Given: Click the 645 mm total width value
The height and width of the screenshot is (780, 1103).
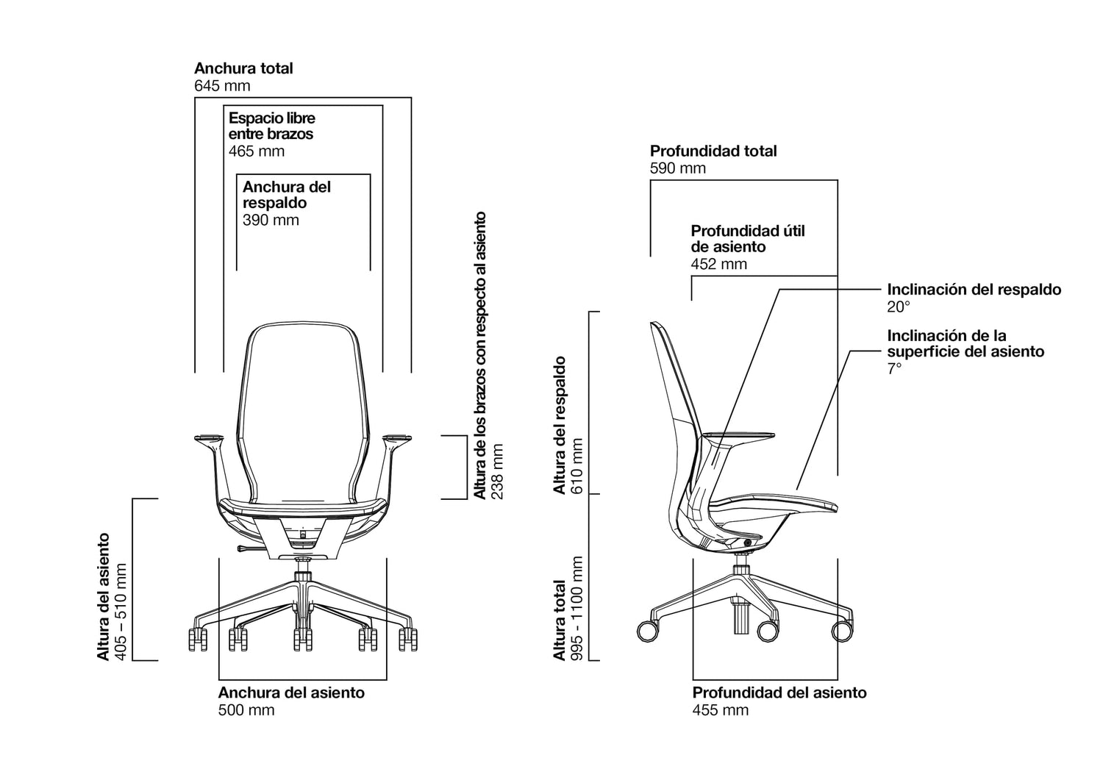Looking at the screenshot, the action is (x=222, y=86).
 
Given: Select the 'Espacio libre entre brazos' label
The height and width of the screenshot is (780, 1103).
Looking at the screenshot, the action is (x=271, y=126).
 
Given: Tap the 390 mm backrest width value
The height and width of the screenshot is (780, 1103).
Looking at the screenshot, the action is (x=271, y=220).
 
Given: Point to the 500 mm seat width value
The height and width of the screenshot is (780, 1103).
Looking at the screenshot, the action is (x=246, y=710).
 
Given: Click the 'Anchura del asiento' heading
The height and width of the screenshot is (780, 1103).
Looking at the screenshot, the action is (x=291, y=693).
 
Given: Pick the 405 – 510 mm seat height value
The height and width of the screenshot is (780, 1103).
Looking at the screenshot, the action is (x=121, y=612).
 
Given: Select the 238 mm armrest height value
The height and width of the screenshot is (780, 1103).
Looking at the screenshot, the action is (x=498, y=472).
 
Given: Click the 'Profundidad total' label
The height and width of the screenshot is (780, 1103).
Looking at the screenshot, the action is (x=713, y=151).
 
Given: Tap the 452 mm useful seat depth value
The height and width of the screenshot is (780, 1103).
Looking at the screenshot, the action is (x=719, y=264).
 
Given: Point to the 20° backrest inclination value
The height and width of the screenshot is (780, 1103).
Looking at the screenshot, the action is (x=898, y=307).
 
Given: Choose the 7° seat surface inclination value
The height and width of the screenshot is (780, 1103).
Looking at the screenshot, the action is (x=894, y=368).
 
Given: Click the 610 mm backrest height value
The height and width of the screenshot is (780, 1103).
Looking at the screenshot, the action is (x=576, y=466).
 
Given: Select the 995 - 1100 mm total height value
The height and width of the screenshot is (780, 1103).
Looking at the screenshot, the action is (x=576, y=609).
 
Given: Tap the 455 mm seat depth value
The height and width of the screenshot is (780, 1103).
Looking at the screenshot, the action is (x=721, y=710).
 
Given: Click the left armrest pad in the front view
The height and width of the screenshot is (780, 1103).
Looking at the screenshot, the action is (x=209, y=437).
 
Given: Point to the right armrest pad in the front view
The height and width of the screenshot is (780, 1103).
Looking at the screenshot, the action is (x=397, y=437).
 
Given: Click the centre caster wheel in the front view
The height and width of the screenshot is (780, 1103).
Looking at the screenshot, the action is (x=302, y=640).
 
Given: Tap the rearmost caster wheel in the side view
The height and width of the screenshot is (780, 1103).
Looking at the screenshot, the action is (x=648, y=631).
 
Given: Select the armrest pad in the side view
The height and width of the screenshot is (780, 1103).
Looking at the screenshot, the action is (x=738, y=435).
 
